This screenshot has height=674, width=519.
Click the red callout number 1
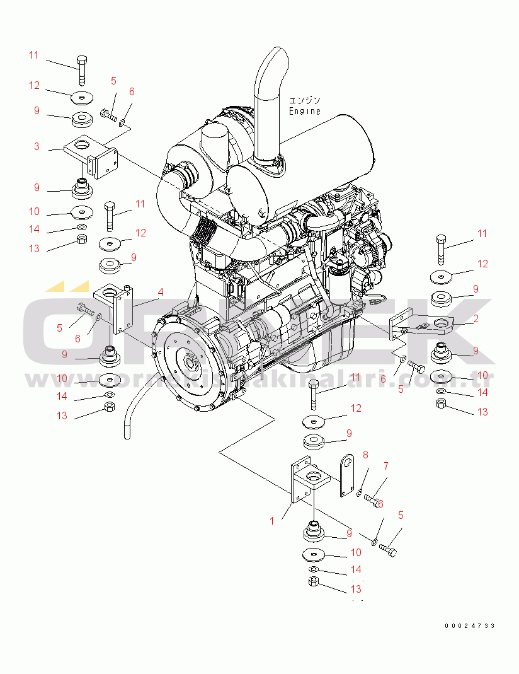(x=272, y=521)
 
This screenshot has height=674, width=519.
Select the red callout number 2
(x=476, y=319)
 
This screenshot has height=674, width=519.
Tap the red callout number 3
(x=37, y=146)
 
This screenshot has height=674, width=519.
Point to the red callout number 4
(x=161, y=292)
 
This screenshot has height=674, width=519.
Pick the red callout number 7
(x=386, y=466)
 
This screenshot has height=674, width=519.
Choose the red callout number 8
(x=365, y=455)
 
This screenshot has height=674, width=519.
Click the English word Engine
(x=305, y=111)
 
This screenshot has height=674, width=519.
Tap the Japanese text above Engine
(x=305, y=100)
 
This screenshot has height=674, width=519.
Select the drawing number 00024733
(x=469, y=625)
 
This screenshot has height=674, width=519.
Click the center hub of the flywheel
(x=188, y=364)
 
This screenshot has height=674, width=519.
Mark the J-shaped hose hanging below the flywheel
(x=129, y=415)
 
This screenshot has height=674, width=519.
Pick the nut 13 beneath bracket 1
(x=314, y=583)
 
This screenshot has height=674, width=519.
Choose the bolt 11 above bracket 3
(x=82, y=69)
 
